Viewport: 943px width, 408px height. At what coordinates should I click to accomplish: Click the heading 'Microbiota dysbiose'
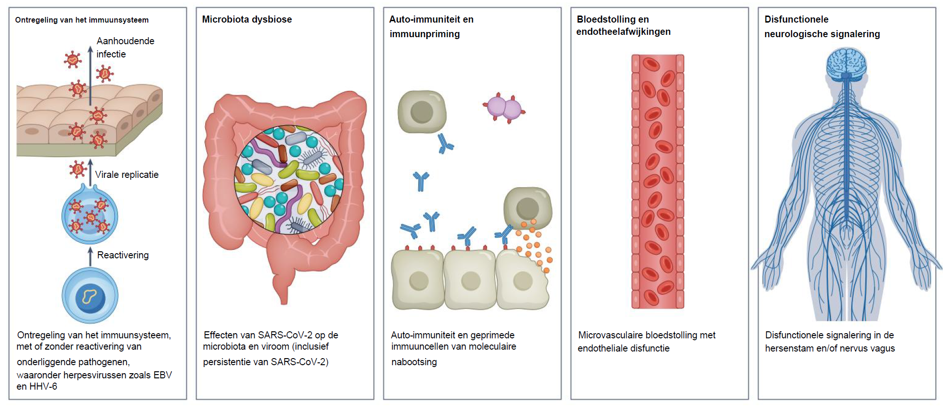coord(247,19)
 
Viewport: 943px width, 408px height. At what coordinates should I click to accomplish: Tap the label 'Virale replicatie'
coord(127,175)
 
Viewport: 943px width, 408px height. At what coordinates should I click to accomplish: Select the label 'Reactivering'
coord(123,255)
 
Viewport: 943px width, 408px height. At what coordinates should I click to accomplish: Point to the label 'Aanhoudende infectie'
coord(125,48)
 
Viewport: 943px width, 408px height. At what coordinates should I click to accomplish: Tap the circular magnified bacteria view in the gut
coord(289,179)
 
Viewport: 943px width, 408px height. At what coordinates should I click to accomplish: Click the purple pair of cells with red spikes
coord(504,108)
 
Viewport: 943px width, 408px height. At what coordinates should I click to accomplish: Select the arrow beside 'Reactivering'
coord(90,256)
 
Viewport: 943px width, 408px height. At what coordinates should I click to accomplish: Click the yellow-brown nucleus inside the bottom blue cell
coord(89,296)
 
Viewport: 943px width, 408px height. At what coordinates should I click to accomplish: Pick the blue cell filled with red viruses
coord(89,216)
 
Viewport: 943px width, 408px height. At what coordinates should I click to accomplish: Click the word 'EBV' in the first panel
coord(162,375)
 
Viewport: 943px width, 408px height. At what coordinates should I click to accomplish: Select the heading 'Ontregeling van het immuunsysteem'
coord(82,20)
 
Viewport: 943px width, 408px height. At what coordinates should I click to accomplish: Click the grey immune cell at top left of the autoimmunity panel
coord(422,112)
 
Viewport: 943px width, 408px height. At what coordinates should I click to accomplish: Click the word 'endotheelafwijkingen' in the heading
coord(623,32)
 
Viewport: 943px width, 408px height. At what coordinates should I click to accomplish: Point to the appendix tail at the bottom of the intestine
coord(282,294)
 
